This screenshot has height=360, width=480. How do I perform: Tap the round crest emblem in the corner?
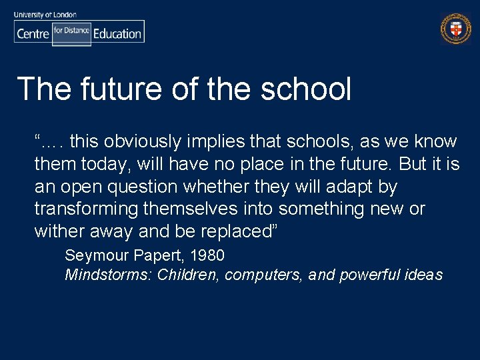pos(455,29)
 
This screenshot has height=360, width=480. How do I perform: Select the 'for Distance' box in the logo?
pos(71,31)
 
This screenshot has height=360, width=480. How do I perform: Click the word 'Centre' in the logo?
pos(33,33)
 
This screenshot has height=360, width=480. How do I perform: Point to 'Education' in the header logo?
pos(117,33)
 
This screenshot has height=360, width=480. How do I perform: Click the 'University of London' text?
pos(45,14)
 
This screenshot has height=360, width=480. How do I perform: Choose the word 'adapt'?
pos(346,186)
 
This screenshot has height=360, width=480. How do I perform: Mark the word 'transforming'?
pos(87,209)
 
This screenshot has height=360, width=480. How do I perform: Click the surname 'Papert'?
pos(157,255)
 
